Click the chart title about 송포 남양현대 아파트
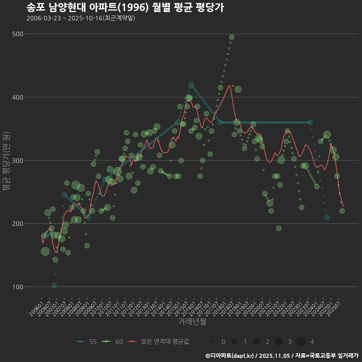point(125,8)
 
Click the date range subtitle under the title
point(81,18)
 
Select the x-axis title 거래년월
point(192,322)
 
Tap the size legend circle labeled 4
point(301,342)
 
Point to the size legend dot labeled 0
point(213,342)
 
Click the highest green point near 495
point(232,37)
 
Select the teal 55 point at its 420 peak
point(191,85)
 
